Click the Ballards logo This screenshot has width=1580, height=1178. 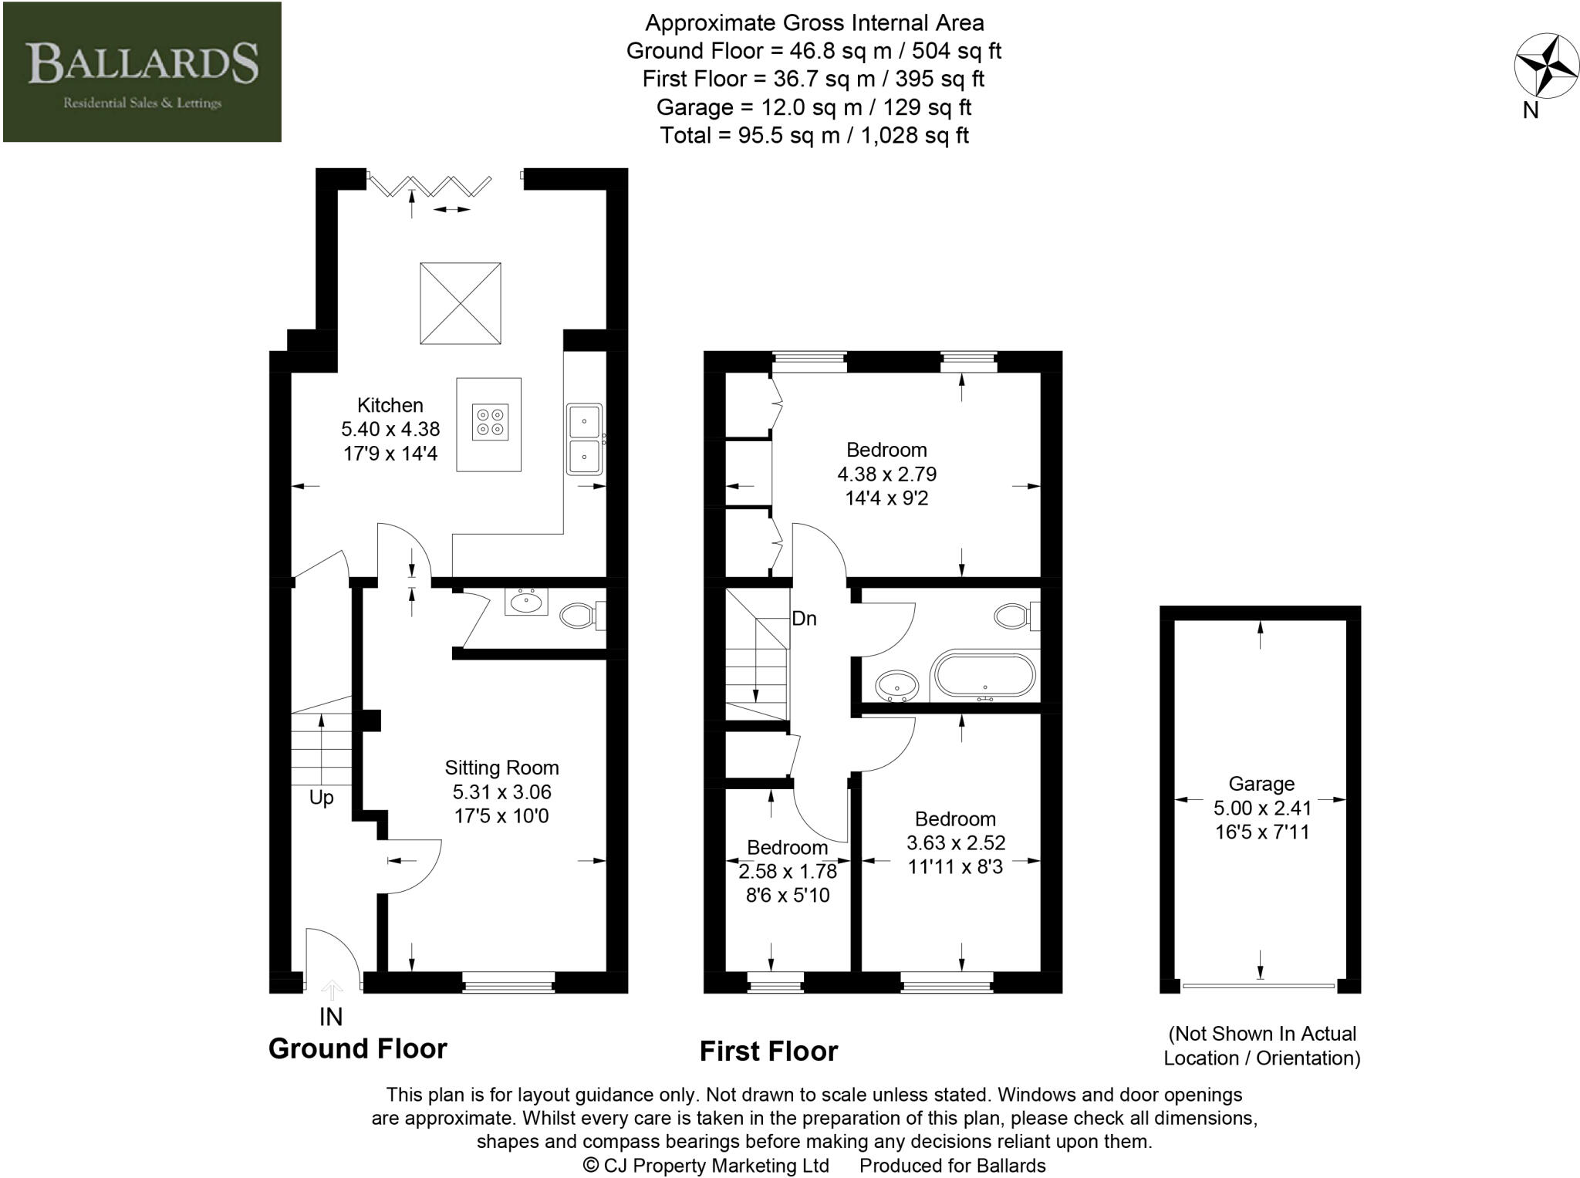(x=142, y=72)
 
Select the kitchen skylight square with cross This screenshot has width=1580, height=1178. (x=461, y=303)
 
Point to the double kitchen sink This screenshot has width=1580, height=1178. (x=585, y=439)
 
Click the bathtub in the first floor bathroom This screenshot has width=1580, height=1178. (x=984, y=677)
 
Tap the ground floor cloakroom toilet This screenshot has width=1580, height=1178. (x=577, y=616)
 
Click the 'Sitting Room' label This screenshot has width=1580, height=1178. (x=501, y=768)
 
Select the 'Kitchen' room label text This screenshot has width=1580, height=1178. (x=390, y=405)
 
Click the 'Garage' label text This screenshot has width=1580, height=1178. (x=1261, y=784)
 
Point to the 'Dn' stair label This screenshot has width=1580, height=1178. (x=804, y=619)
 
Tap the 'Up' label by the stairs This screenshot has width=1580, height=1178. (x=321, y=798)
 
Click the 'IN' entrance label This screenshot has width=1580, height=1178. (x=331, y=1017)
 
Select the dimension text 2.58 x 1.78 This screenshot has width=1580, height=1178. (x=788, y=872)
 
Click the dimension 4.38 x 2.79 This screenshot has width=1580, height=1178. (x=886, y=474)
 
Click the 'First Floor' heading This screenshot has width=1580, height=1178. (x=768, y=1051)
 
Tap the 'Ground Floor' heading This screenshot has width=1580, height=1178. (x=357, y=1049)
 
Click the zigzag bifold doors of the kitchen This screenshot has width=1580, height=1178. (x=430, y=185)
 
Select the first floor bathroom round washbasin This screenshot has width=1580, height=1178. (x=896, y=684)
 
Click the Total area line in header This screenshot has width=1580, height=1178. (x=814, y=136)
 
